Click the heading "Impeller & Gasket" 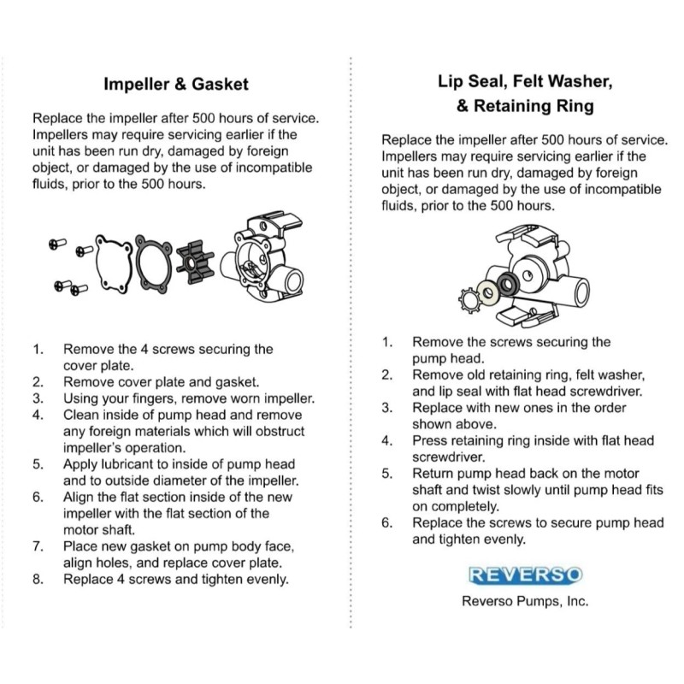coord(176,84)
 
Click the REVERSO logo coord(525,575)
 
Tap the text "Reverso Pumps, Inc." coord(525,601)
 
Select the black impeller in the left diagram coord(195,262)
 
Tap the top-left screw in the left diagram coord(57,244)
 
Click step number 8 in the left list coord(38,580)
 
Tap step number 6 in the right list coord(387,522)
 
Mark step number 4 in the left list coord(38,415)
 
